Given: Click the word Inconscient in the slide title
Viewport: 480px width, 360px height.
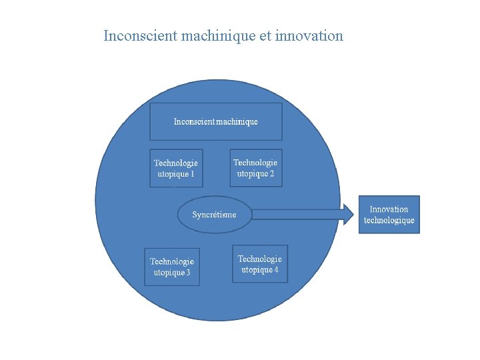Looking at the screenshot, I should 140,36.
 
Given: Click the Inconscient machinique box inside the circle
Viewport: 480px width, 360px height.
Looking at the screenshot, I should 216,122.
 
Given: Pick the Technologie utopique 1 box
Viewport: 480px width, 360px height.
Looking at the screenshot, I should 176,168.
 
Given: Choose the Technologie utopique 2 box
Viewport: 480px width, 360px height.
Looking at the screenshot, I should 255,167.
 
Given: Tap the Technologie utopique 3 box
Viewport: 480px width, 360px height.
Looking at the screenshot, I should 172,267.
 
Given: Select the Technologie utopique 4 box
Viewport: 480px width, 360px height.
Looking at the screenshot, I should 260,264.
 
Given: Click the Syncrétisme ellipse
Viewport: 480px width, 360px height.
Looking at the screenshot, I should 215,215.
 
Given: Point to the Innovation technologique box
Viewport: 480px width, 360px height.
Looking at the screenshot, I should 390,215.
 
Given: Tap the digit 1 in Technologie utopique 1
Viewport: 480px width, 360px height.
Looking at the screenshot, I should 193,174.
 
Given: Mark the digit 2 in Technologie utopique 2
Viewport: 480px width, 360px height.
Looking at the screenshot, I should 272,173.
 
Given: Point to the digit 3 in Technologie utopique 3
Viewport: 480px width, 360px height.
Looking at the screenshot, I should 189,273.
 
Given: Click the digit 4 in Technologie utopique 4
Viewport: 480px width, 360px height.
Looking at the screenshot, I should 276,270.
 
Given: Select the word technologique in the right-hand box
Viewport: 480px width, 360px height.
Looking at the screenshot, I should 389,221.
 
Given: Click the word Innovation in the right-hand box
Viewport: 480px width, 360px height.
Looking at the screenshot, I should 389,209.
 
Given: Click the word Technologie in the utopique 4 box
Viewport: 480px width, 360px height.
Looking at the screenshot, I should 260,259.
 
